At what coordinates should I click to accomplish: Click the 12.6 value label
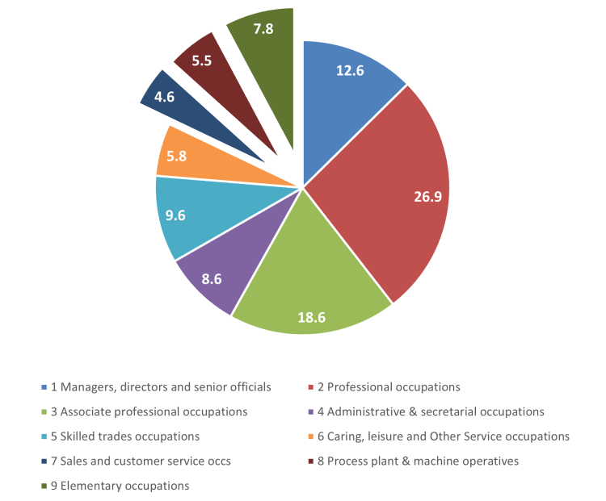[350, 69]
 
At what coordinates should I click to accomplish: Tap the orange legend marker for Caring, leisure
[312, 436]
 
